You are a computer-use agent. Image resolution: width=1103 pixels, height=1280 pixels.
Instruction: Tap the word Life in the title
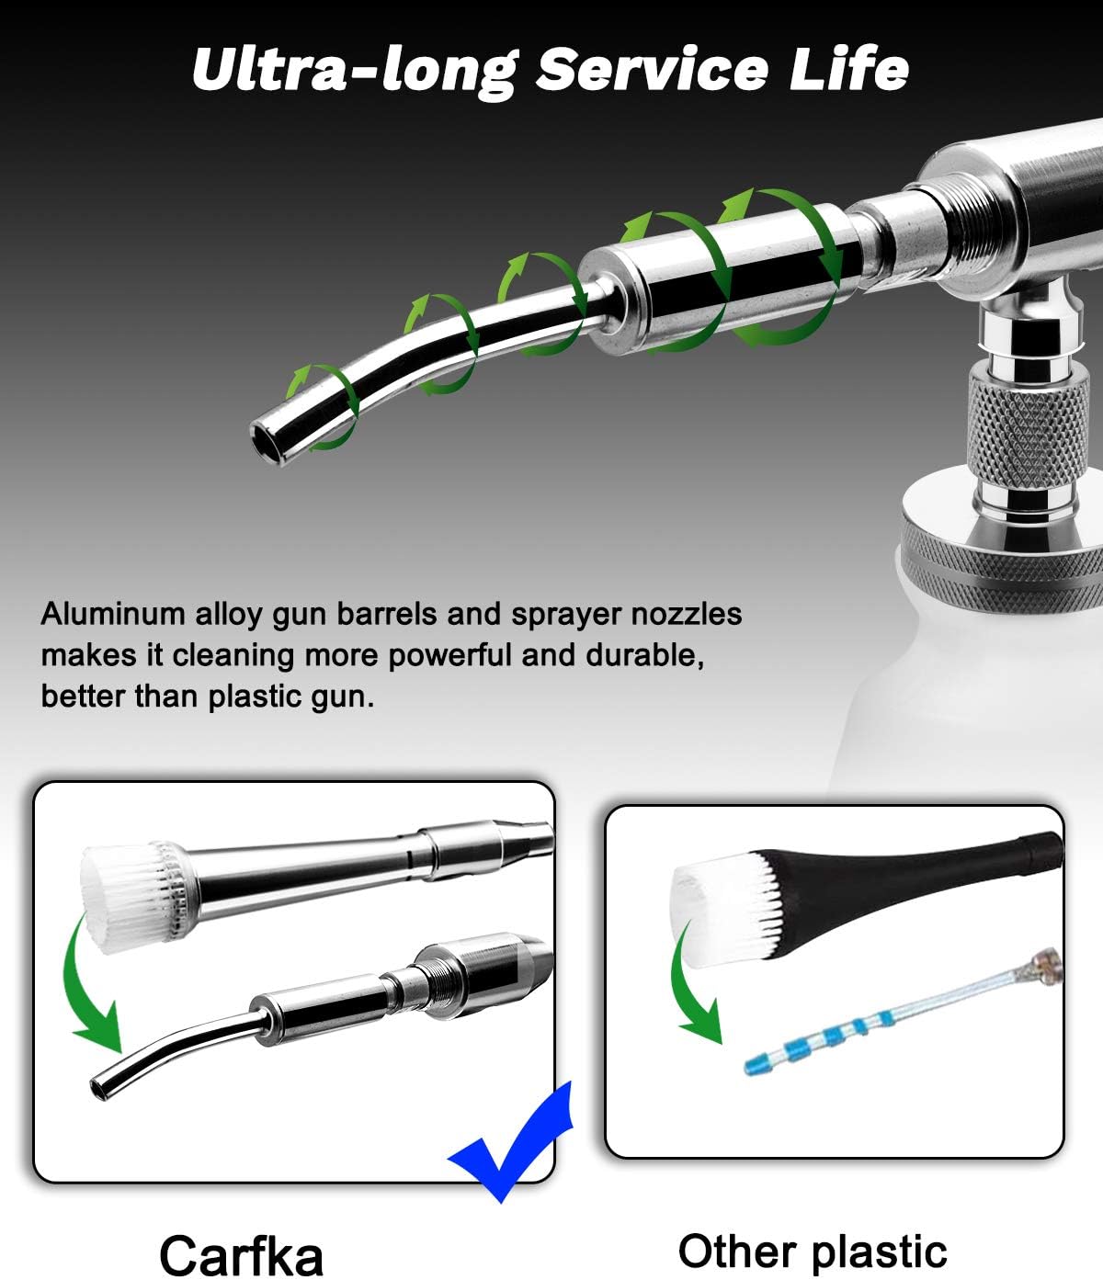click(x=849, y=70)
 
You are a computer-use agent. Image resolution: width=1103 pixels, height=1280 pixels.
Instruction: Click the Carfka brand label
click(x=241, y=1255)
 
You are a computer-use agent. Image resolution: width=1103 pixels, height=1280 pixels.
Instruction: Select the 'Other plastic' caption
click(x=813, y=1252)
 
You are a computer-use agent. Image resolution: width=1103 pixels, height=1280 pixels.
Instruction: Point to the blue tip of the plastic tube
click(x=759, y=1066)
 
